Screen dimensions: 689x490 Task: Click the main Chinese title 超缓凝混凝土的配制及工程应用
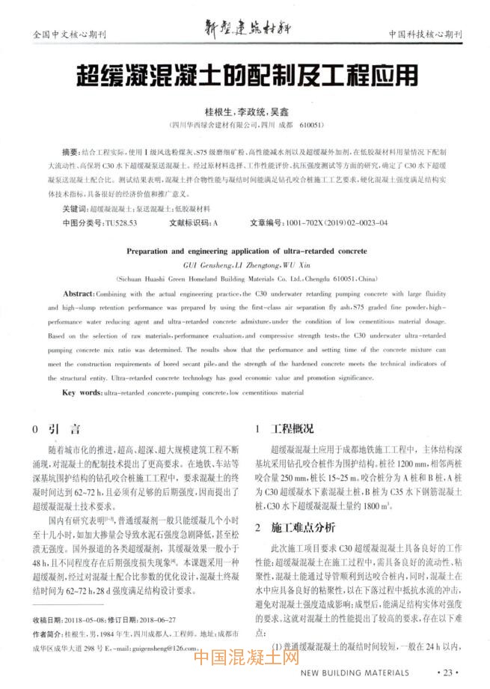pyautogui.click(x=245, y=75)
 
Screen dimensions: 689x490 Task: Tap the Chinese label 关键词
pyautogui.click(x=74, y=210)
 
